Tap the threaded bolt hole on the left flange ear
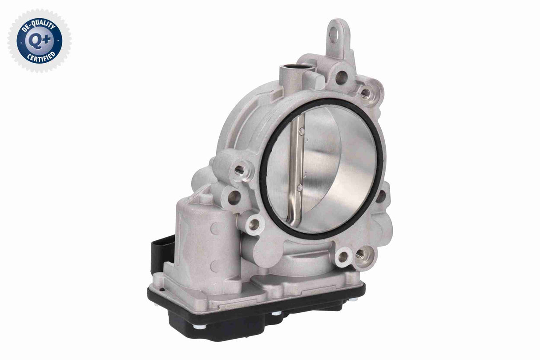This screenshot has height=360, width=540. point(240,170)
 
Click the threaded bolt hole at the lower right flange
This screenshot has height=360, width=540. point(359,254)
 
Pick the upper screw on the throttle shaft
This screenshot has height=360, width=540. point(302,131)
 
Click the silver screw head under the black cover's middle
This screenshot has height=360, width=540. point(277,313)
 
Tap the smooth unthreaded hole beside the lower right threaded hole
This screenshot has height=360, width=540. point(344,257)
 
